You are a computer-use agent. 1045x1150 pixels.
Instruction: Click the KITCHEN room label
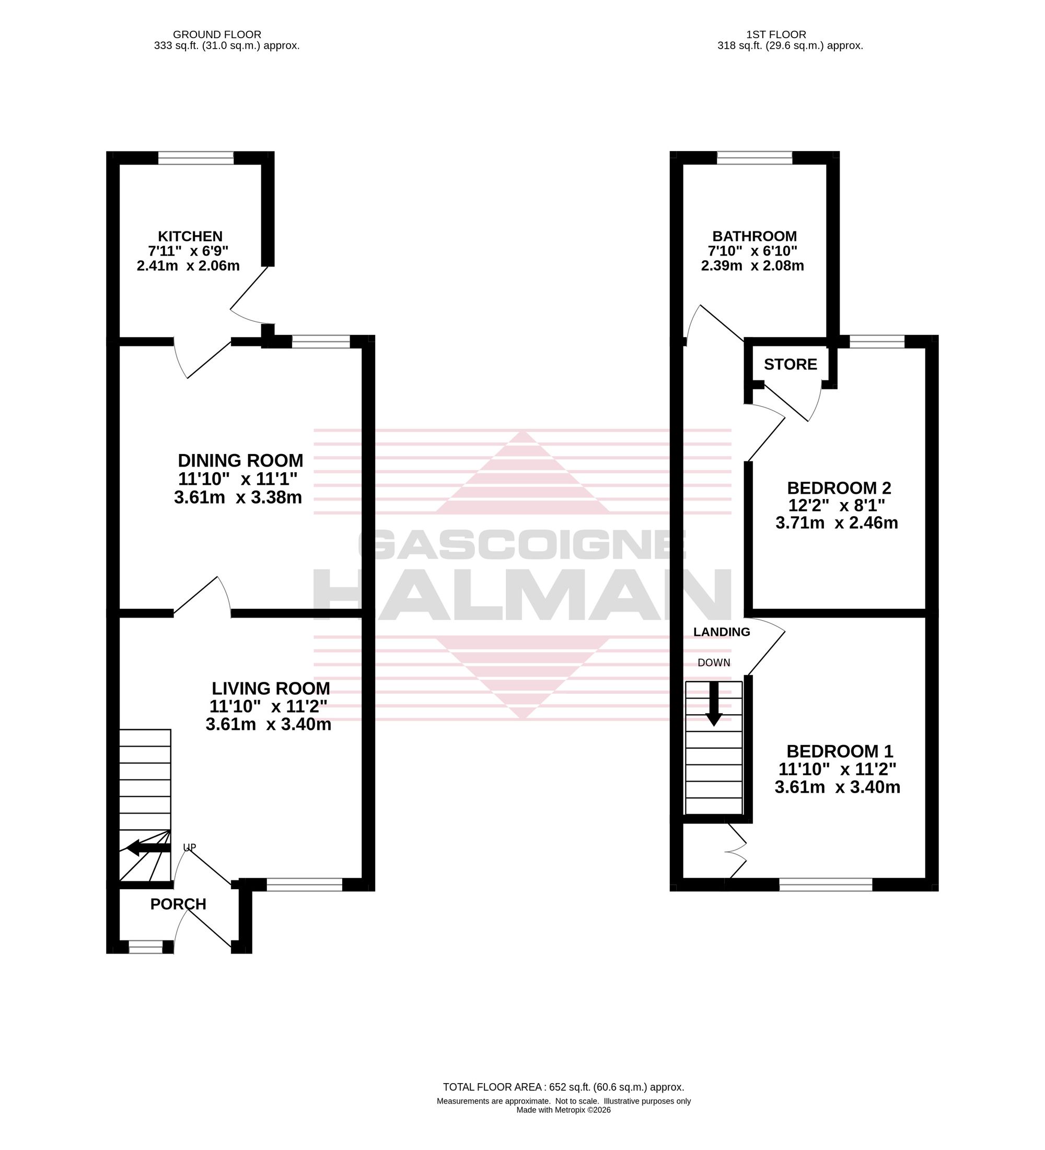[190, 236]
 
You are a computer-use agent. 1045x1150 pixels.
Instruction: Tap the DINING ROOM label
[241, 460]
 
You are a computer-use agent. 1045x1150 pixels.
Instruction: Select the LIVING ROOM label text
[271, 688]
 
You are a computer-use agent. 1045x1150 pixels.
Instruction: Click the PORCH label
[178, 904]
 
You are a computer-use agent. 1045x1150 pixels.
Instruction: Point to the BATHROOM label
[754, 236]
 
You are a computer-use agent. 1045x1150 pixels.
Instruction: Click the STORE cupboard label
[790, 364]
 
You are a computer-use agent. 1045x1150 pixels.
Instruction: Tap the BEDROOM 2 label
[839, 487]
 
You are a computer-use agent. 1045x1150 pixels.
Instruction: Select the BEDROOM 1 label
[840, 751]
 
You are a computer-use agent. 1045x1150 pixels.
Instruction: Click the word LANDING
[722, 632]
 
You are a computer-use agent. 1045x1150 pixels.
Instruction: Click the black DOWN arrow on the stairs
[714, 704]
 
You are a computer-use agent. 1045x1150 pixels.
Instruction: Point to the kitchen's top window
[195, 157]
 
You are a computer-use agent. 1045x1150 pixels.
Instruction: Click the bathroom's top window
[754, 157]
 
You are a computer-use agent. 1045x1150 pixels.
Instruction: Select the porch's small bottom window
[145, 947]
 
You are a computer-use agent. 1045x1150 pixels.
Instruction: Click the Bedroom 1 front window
[826, 885]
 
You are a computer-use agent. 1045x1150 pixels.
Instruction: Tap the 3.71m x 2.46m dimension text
[837, 522]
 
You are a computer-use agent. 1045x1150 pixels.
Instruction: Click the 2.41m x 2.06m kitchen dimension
[188, 266]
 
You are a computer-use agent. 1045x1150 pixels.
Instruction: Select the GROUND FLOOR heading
[217, 35]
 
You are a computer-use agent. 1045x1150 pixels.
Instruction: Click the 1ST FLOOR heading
[776, 35]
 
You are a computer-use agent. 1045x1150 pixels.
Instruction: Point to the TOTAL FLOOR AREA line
[564, 1087]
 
